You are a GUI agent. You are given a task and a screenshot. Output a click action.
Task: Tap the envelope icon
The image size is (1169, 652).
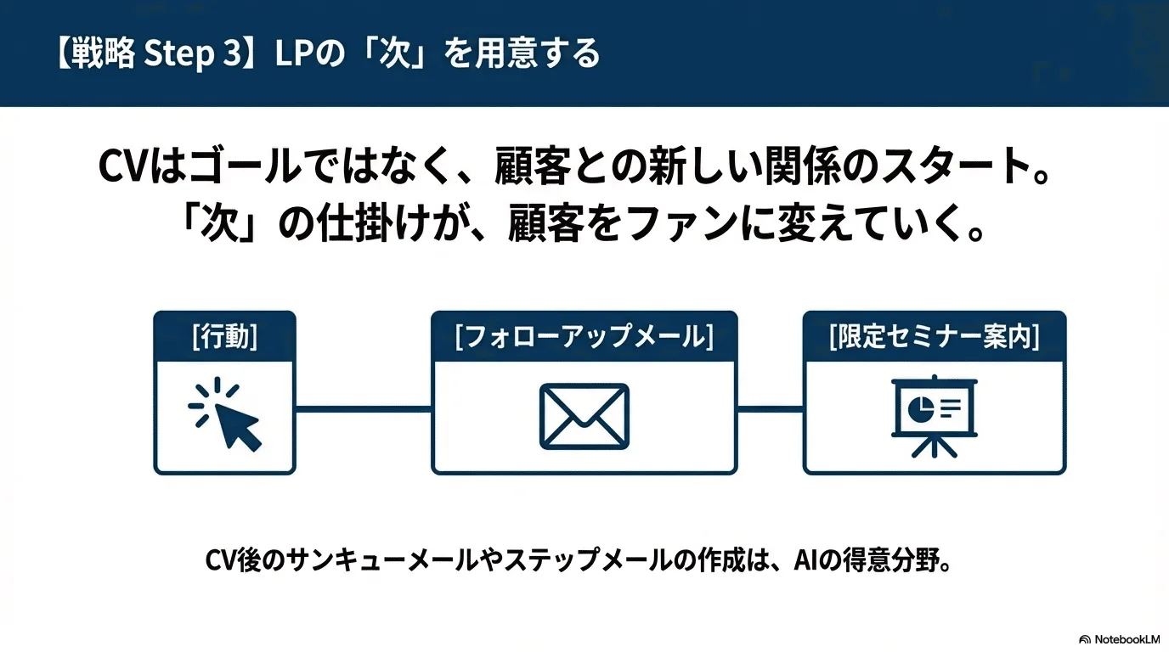pyautogui.click(x=584, y=416)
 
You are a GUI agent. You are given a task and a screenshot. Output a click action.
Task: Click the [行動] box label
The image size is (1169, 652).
pyautogui.click(x=224, y=337)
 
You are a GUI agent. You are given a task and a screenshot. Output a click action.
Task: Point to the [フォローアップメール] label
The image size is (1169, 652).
pyautogui.click(x=584, y=337)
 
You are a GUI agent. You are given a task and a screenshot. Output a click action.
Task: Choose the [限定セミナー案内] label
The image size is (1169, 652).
pyautogui.click(x=935, y=337)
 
